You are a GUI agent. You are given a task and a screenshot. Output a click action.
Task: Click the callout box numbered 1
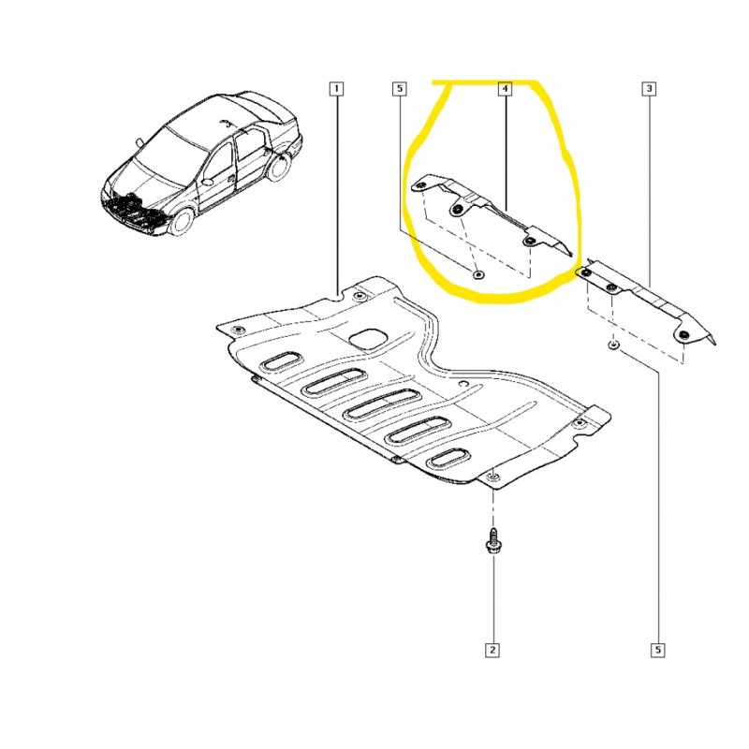[x=336, y=88]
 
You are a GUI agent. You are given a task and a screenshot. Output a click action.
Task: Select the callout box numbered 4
[x=505, y=88]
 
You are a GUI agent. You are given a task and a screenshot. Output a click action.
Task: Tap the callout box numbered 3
[x=649, y=88]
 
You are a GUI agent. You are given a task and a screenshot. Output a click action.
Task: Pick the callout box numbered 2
[x=492, y=650]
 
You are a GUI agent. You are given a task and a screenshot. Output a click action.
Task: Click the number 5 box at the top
[x=400, y=88]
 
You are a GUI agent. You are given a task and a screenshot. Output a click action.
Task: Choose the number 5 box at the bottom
[x=658, y=650]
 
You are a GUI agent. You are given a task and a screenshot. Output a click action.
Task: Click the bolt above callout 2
[x=492, y=541]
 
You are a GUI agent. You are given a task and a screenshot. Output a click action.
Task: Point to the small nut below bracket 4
[x=477, y=274]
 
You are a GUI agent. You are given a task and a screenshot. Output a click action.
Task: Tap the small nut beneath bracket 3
[x=614, y=345]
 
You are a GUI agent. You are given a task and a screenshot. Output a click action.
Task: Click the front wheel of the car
[x=182, y=222]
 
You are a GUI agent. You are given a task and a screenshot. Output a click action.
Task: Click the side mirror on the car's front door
[x=208, y=182]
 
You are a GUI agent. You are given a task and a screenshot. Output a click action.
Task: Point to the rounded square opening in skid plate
[x=367, y=339]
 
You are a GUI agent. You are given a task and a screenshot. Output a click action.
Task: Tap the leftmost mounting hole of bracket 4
[x=421, y=185]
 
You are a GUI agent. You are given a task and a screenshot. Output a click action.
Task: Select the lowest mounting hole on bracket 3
[x=684, y=334]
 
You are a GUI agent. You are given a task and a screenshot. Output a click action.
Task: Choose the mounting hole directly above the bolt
[x=492, y=477]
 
